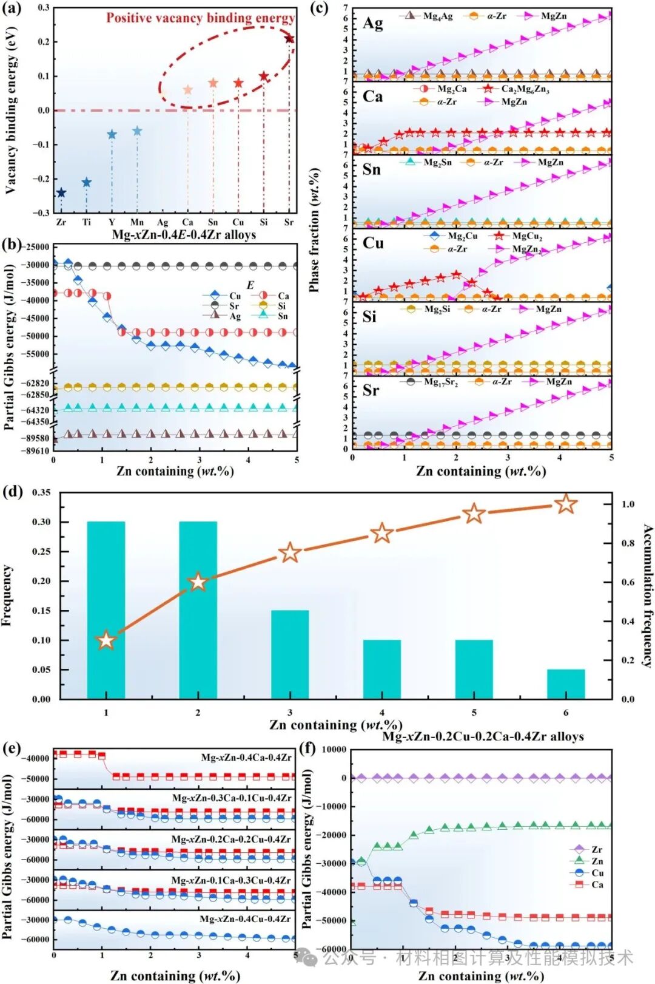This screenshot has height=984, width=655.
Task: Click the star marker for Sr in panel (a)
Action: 289,39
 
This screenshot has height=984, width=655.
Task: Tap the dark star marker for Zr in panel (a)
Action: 61,193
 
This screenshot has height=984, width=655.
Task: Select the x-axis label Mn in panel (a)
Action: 137,222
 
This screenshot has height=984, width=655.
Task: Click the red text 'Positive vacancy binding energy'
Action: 201,18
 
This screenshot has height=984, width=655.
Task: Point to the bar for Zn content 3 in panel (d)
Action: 290,654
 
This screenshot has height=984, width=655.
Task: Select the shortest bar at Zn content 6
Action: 566,684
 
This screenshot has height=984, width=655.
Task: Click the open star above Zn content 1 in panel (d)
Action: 106,640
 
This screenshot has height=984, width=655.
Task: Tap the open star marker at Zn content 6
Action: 566,504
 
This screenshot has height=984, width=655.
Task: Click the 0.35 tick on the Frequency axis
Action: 41,492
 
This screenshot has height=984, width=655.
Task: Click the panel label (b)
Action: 12,245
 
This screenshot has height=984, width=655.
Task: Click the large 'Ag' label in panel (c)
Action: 372,23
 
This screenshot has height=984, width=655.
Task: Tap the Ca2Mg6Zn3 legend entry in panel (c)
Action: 516,89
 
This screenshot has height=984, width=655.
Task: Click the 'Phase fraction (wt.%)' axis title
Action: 314,231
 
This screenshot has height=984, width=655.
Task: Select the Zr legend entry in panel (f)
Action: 589,849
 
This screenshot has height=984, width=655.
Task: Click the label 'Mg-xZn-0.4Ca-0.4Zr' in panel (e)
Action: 246,757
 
